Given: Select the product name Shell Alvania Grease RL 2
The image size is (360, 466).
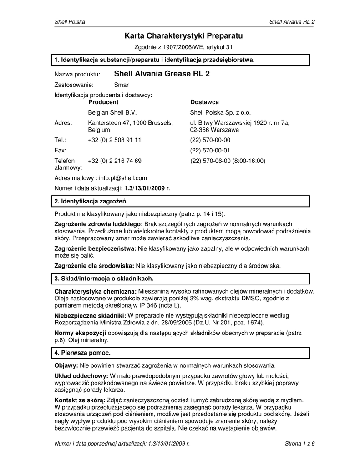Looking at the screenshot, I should click(x=162, y=73).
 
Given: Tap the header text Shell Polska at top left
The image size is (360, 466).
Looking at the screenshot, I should click(x=70, y=22).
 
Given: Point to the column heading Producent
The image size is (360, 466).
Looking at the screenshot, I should click(x=103, y=102).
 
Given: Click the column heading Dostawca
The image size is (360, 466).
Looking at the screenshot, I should click(x=204, y=102).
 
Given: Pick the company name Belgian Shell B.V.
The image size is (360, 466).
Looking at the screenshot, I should click(x=112, y=112).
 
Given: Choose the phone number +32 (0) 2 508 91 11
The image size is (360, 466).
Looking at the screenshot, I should click(x=114, y=140).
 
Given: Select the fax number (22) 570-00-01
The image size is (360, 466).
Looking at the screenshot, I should click(x=210, y=150).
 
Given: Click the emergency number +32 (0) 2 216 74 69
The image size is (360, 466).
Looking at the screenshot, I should click(x=114, y=161).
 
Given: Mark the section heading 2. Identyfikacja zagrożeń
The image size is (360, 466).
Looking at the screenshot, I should click(x=91, y=201).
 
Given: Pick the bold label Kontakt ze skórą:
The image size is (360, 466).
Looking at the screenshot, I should click(x=79, y=400).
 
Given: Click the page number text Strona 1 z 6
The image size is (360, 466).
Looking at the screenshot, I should click(x=299, y=444).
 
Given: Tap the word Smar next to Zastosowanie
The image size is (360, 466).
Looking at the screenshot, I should click(x=121, y=85).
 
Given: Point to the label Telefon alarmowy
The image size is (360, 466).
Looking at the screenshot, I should click(x=65, y=164).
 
